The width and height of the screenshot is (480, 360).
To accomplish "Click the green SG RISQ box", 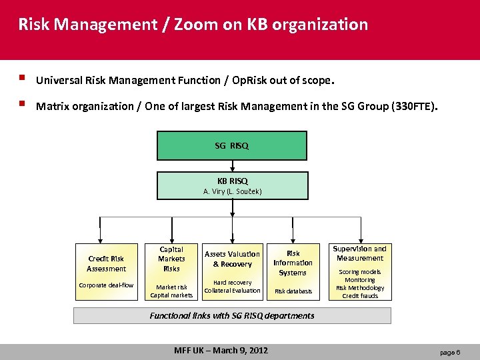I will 232,146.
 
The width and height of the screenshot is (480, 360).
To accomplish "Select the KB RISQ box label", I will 232,181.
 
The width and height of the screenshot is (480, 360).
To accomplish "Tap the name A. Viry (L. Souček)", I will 232,191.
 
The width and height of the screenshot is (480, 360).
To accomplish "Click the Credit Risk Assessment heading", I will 106,264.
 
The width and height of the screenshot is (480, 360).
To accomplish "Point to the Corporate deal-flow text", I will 106,285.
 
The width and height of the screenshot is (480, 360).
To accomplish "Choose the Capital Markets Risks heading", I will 171,259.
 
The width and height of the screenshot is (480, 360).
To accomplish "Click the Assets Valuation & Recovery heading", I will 232,259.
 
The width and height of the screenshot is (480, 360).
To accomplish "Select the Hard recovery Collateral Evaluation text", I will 232,286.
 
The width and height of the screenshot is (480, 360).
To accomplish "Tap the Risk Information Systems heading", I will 293,263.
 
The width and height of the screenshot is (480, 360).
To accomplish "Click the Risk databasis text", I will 293,291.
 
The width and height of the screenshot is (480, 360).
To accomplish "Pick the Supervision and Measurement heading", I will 360,253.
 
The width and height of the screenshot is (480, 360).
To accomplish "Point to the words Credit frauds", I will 360,296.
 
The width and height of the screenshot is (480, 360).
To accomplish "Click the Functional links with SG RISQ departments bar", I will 232,315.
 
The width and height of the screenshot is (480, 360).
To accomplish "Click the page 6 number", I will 449,351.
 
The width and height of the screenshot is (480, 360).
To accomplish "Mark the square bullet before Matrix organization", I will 23,105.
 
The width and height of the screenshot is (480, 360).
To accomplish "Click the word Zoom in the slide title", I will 194,25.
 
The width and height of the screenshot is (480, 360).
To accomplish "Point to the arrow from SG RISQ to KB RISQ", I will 232,166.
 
